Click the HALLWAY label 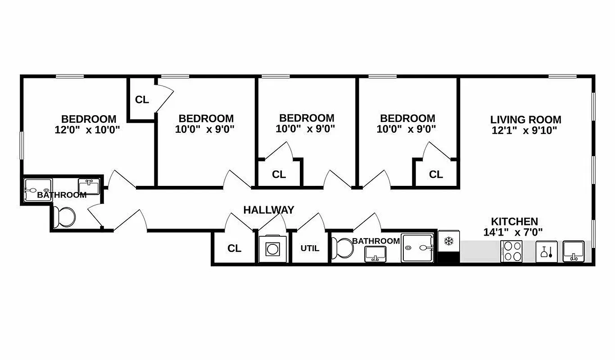tap(269, 210)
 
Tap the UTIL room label tap(310, 248)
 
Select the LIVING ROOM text tap(525, 120)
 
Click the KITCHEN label tap(514, 221)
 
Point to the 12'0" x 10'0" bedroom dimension tap(89, 130)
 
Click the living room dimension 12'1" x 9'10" tap(525, 130)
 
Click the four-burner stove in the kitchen tap(511, 252)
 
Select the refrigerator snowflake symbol tap(448, 241)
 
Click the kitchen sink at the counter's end tap(574, 251)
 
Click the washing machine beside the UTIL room tap(272, 249)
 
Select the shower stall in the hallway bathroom tap(418, 247)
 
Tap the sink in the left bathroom tap(89, 186)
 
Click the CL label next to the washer tap(234, 248)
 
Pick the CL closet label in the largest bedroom tap(142, 100)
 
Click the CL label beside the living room tap(436, 174)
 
